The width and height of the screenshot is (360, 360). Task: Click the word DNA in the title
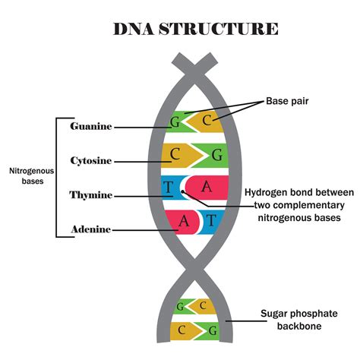135,30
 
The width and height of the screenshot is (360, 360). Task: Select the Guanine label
91,126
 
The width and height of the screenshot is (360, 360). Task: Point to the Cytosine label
90,160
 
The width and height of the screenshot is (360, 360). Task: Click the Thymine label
91,195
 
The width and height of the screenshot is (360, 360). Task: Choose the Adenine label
91,229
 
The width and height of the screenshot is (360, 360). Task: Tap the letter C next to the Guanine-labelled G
207,119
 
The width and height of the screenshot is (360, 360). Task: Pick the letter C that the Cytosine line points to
175,155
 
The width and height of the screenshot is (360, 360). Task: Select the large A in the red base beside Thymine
207,187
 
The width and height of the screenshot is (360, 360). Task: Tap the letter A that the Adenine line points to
183,221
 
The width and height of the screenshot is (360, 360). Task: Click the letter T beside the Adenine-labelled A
211,221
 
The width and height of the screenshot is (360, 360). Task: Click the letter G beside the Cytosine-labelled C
218,156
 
